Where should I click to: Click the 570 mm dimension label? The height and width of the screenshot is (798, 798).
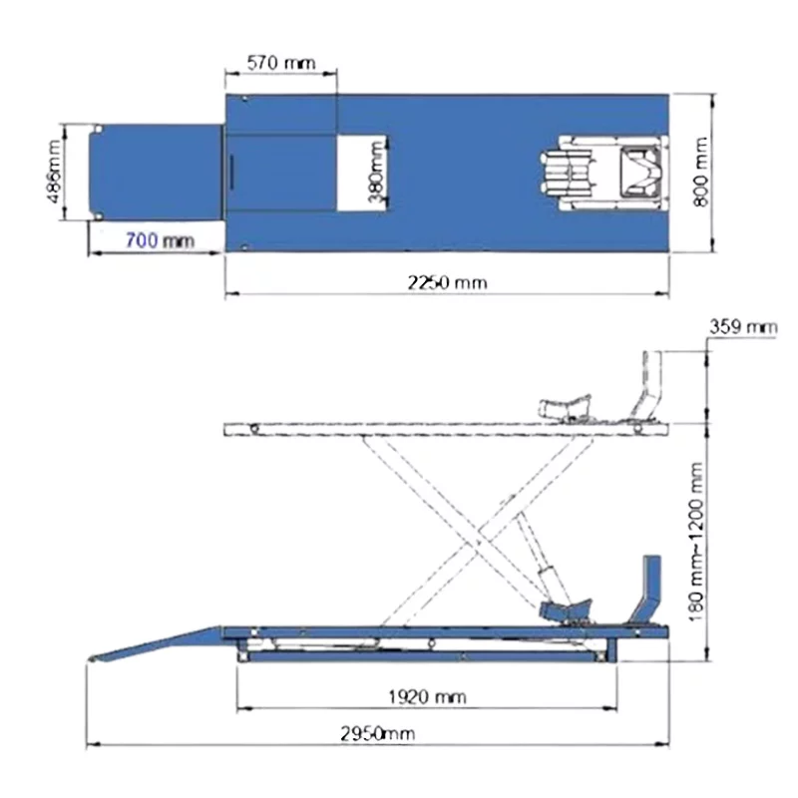pyautogui.click(x=281, y=63)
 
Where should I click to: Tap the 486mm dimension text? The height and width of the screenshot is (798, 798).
pyautogui.click(x=54, y=172)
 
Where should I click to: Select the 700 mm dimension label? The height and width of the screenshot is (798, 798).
pyautogui.click(x=160, y=240)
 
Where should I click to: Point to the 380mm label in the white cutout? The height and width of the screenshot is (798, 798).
pyautogui.click(x=376, y=172)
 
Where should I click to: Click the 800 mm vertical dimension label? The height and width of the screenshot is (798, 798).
pyautogui.click(x=701, y=172)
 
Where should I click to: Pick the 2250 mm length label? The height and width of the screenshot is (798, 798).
pyautogui.click(x=447, y=282)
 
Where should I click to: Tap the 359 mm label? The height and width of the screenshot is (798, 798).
pyautogui.click(x=743, y=327)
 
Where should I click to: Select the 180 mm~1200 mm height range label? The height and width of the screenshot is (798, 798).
pyautogui.click(x=695, y=542)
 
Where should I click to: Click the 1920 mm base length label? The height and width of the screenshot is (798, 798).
pyautogui.click(x=427, y=696)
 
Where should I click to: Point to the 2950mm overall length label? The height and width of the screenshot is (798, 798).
pyautogui.click(x=377, y=733)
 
